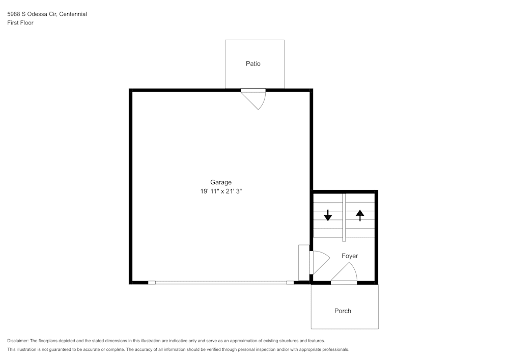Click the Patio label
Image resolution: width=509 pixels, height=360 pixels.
pos(253,64)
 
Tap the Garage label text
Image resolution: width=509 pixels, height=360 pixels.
pos(221,182)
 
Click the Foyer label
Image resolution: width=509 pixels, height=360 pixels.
pos(350,256)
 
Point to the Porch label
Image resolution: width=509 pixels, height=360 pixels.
pos(343,311)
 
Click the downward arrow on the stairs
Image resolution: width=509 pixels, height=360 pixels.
pos(328,215)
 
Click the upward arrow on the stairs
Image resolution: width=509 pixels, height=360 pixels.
pos(360,215)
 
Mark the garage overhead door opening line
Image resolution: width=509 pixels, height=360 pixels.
pos(221,283)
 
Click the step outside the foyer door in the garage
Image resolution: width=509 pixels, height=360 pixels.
pos(303,262)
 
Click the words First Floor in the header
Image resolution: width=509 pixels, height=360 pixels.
pos(20,23)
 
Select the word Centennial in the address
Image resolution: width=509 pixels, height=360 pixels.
pos(73,14)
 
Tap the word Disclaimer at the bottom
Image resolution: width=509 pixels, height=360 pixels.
pos(18,341)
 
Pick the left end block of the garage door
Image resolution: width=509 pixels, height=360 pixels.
pos(152,283)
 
